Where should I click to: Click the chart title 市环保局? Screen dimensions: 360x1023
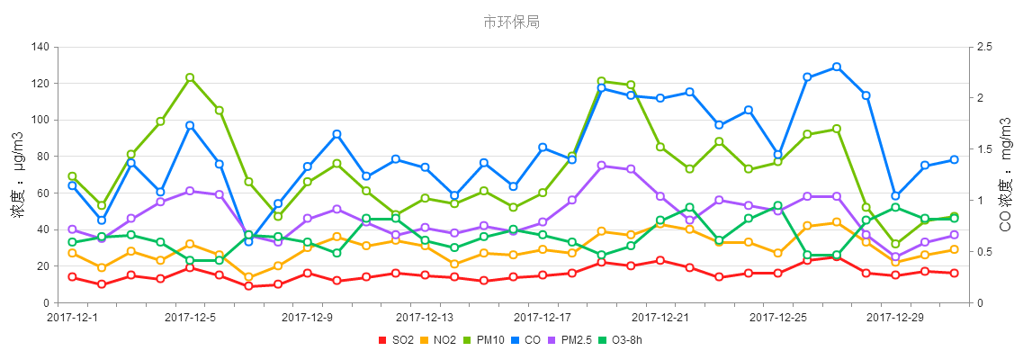click(x=511, y=22)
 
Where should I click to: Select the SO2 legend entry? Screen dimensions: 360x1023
click(x=396, y=340)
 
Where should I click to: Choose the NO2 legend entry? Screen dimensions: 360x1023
click(x=438, y=340)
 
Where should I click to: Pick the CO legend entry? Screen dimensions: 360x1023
click(x=527, y=340)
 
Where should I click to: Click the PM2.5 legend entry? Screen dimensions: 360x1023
click(x=571, y=340)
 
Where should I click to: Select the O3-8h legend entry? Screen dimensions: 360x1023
click(x=622, y=340)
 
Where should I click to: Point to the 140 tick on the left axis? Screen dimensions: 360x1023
click(x=39, y=47)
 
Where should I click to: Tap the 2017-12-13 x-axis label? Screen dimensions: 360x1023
click(x=425, y=317)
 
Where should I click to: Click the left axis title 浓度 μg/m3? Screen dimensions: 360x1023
click(x=17, y=175)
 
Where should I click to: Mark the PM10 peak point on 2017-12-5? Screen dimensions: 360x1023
click(x=190, y=77)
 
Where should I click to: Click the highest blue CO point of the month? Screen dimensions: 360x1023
click(x=837, y=67)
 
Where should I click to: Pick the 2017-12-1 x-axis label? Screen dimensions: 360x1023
click(x=72, y=317)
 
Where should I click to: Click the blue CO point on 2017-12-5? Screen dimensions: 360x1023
click(x=190, y=125)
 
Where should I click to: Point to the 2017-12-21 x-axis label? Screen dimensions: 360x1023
click(x=660, y=317)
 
